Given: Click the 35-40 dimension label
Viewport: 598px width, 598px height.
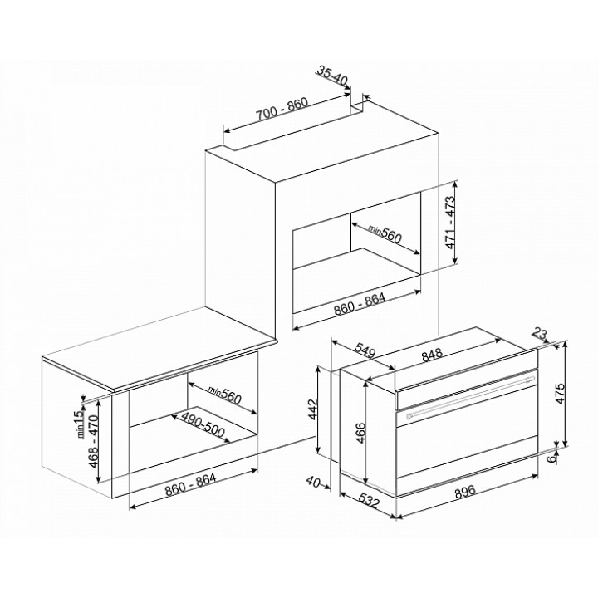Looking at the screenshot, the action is click(331, 76).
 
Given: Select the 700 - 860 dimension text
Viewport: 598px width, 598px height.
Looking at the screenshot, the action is click(282, 110).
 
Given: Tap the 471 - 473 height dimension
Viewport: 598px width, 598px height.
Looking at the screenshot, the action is click(451, 223).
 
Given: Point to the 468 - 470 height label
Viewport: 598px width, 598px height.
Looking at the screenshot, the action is click(93, 441).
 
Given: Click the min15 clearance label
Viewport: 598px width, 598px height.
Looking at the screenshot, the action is click(79, 424).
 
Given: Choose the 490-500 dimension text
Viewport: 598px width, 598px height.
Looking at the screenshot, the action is click(203, 425).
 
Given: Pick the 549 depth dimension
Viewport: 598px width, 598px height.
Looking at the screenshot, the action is click(365, 350).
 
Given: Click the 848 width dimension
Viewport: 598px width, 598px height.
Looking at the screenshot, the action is click(432, 355).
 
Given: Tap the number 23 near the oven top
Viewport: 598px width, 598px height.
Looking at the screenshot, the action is click(540, 335).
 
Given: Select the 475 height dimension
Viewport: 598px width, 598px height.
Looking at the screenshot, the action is click(561, 393).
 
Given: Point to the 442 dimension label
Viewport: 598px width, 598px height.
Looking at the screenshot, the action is click(313, 409).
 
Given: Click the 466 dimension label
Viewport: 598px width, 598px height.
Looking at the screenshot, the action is click(360, 433).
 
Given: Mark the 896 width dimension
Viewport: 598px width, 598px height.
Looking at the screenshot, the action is click(466, 491).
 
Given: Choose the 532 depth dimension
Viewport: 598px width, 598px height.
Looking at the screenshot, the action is click(369, 500).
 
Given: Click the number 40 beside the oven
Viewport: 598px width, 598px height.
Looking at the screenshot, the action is click(313, 482).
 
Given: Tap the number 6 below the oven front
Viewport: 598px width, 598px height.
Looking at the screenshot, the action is click(551, 458).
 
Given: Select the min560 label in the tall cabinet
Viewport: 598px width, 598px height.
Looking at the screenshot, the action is click(385, 233).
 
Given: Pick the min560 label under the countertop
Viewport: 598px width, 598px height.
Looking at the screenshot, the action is click(224, 395).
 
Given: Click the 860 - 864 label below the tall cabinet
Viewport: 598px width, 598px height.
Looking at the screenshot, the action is click(360, 304).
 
